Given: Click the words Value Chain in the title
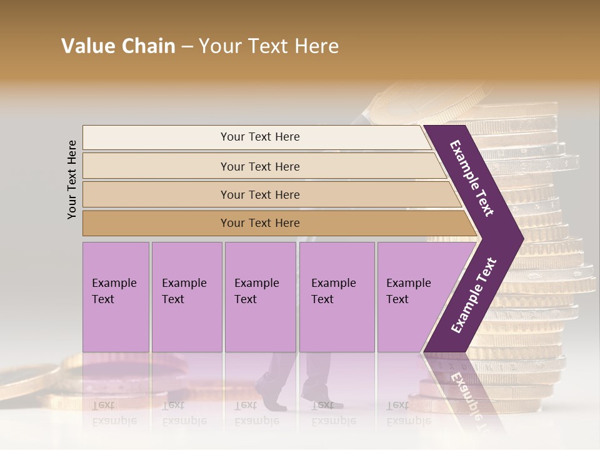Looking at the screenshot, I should [118, 46].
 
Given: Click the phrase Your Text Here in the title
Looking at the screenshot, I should [269, 46].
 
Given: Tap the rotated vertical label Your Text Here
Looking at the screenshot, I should [72, 179].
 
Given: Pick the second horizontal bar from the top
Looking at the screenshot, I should [260, 166].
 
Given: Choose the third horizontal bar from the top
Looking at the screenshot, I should [260, 194].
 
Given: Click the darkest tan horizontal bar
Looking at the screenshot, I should [260, 223].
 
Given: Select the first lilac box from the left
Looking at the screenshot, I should [116, 297].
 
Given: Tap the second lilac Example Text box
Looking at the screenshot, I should [186, 297].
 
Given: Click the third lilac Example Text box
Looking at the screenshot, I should [260, 297].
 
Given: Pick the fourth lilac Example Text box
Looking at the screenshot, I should [337, 297].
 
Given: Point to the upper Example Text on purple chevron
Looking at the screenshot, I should [472, 178].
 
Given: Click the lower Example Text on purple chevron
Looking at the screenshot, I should [474, 295].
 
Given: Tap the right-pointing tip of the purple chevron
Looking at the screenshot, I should [519, 238].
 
